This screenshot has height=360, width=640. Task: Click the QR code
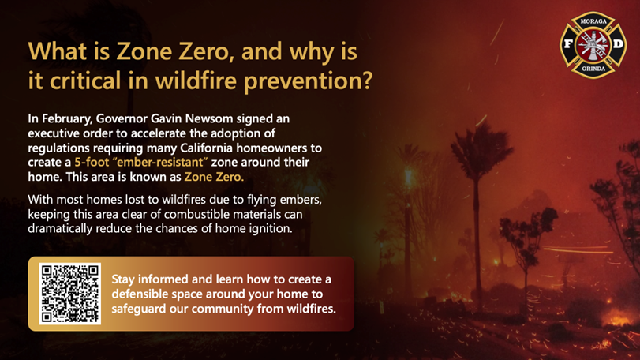(69, 294)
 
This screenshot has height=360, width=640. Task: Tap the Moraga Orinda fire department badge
(593, 45)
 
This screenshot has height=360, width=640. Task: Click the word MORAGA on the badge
(593, 21)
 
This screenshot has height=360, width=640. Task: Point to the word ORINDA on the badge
(593, 69)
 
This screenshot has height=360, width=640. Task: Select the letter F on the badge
(567, 43)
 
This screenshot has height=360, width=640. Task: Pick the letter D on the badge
(619, 43)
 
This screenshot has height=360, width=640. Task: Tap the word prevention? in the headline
(309, 81)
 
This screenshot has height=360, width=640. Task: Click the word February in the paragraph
(68, 118)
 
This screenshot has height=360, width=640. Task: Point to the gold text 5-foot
(92, 162)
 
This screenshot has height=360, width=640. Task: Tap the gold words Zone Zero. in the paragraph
(214, 177)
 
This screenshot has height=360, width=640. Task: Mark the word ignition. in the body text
(271, 228)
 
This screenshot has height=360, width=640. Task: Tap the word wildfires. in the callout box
(312, 309)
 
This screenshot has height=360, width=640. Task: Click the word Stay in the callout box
(123, 279)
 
